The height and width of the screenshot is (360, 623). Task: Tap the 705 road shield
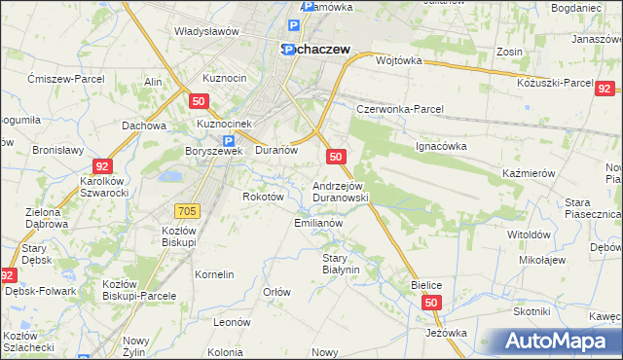(189, 210)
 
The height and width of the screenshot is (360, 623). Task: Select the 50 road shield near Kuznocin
(199, 100)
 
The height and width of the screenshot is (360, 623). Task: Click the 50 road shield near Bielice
(432, 304)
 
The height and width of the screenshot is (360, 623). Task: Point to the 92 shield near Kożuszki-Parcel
(604, 88)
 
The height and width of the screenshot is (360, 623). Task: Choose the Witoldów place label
(530, 234)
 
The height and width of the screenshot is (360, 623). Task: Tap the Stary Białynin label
(341, 263)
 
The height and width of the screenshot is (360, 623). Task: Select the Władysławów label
(206, 31)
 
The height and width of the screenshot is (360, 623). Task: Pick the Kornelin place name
(214, 274)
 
